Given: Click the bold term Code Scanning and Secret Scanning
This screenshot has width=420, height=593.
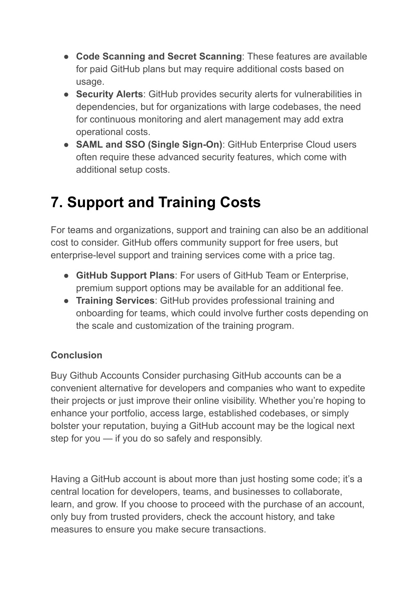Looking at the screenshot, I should click(159, 57).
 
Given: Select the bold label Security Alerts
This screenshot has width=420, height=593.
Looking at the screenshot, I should click(109, 94).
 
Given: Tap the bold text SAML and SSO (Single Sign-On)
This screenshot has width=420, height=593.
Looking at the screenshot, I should click(149, 145).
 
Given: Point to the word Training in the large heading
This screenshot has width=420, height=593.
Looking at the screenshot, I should click(187, 203).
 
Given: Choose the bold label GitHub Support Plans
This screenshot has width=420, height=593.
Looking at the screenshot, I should click(125, 276).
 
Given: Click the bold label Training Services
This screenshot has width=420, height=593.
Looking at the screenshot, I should click(115, 301).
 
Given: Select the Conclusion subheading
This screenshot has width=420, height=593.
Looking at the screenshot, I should click(76, 355).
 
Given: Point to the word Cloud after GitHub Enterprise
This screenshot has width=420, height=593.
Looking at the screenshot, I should click(317, 145).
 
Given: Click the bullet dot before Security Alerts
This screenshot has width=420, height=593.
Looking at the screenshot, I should click(66, 94).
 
